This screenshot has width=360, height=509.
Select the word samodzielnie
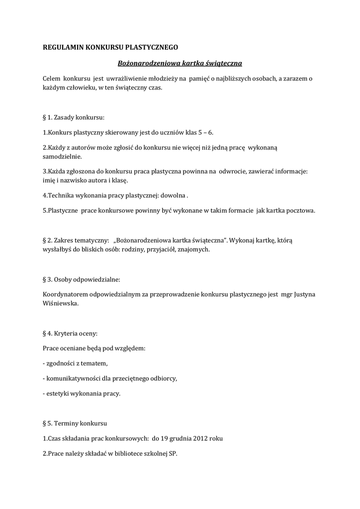click(63, 156)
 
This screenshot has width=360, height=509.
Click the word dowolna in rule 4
click(172, 195)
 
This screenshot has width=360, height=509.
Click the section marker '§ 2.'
click(49, 241)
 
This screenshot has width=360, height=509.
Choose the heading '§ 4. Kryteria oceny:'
click(70, 333)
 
